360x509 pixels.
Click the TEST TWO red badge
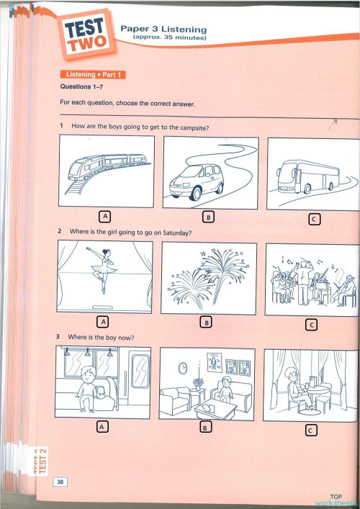coord(88,33)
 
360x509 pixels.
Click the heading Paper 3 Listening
coord(163,29)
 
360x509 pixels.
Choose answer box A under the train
coord(105,215)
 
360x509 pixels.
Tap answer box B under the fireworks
coord(207,323)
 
